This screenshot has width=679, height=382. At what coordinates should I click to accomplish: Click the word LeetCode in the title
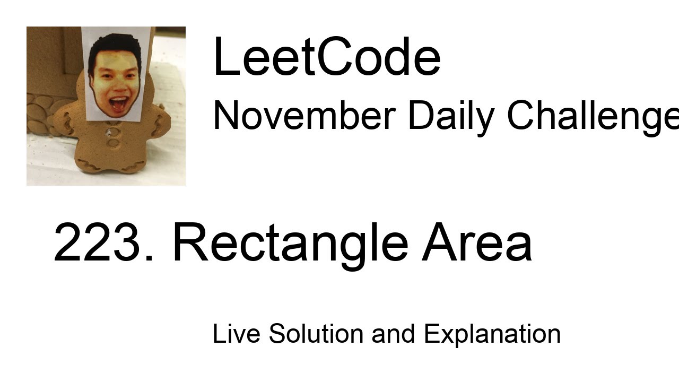click(x=326, y=57)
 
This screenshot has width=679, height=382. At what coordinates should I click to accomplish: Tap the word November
click(x=304, y=115)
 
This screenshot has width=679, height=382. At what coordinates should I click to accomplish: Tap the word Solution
click(x=316, y=334)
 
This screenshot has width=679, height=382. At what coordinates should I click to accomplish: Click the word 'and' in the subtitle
click(x=393, y=334)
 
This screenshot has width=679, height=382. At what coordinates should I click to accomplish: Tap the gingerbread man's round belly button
click(x=113, y=142)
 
